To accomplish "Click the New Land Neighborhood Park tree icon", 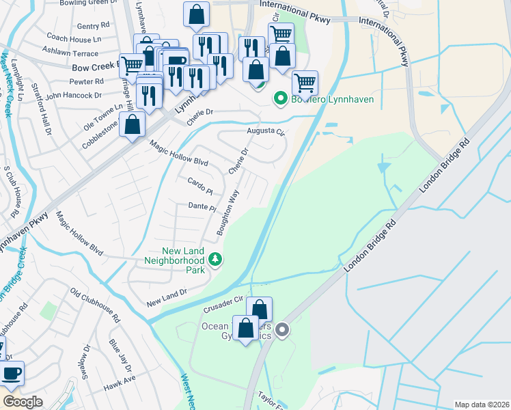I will [x=216, y=258].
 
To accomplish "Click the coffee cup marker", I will [x=12, y=373].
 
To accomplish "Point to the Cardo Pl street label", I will [x=200, y=184].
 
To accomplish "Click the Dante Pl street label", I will [x=202, y=206].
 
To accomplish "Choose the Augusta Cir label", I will [x=265, y=132].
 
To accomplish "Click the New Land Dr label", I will [x=167, y=298].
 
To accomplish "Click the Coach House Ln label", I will [x=74, y=39].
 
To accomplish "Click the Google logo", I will [x=23, y=402].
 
